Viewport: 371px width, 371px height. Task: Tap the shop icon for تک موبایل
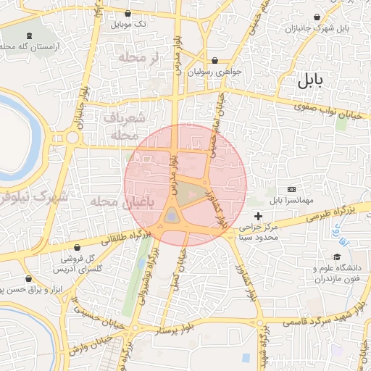128,13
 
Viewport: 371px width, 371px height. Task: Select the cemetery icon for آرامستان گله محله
29,36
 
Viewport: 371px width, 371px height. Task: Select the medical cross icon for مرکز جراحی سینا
259,216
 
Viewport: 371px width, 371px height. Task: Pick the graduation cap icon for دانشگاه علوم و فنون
337,257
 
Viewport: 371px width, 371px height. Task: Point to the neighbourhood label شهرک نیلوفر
33,196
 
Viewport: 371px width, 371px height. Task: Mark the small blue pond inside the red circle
171,215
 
